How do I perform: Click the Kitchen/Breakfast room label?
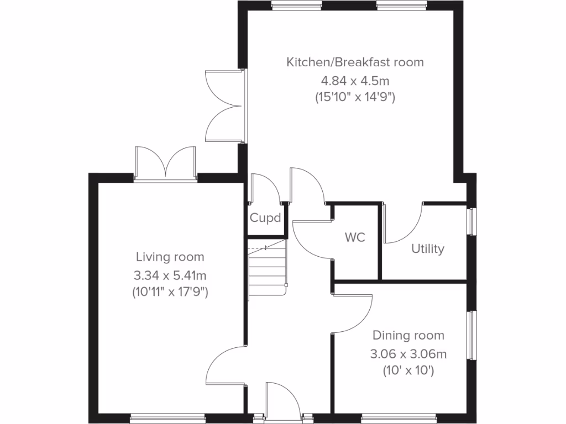(x=355, y=62)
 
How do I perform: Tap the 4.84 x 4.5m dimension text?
(x=355, y=80)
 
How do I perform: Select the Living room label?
(x=170, y=257)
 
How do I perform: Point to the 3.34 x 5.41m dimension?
(x=170, y=274)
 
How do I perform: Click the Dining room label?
(x=408, y=335)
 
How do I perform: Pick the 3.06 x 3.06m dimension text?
(x=408, y=353)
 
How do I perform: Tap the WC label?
(x=355, y=237)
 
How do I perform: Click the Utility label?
(x=427, y=249)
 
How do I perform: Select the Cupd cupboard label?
(x=265, y=218)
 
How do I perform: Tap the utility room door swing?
(x=403, y=224)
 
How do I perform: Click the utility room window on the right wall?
(x=472, y=221)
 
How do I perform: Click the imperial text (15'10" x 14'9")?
(x=355, y=98)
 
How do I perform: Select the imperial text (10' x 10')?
(x=408, y=371)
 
